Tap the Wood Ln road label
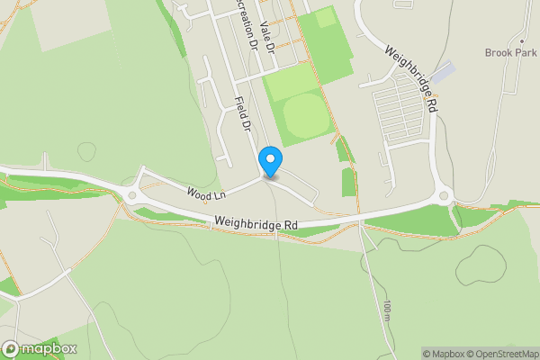pyautogui.click(x=206, y=193)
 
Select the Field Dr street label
pyautogui.click(x=242, y=114)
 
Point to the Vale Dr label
pyautogui.click(x=265, y=36)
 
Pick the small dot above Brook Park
pyautogui.click(x=521, y=41)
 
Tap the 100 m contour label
pyautogui.click(x=386, y=311)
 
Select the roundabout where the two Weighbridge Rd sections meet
pyautogui.click(x=443, y=194)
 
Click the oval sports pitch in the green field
pyautogui.click(x=304, y=116)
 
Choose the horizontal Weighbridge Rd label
pyautogui.click(x=256, y=222)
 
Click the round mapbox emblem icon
pyautogui.click(x=11, y=348)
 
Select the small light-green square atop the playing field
pyautogui.click(x=325, y=17)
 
